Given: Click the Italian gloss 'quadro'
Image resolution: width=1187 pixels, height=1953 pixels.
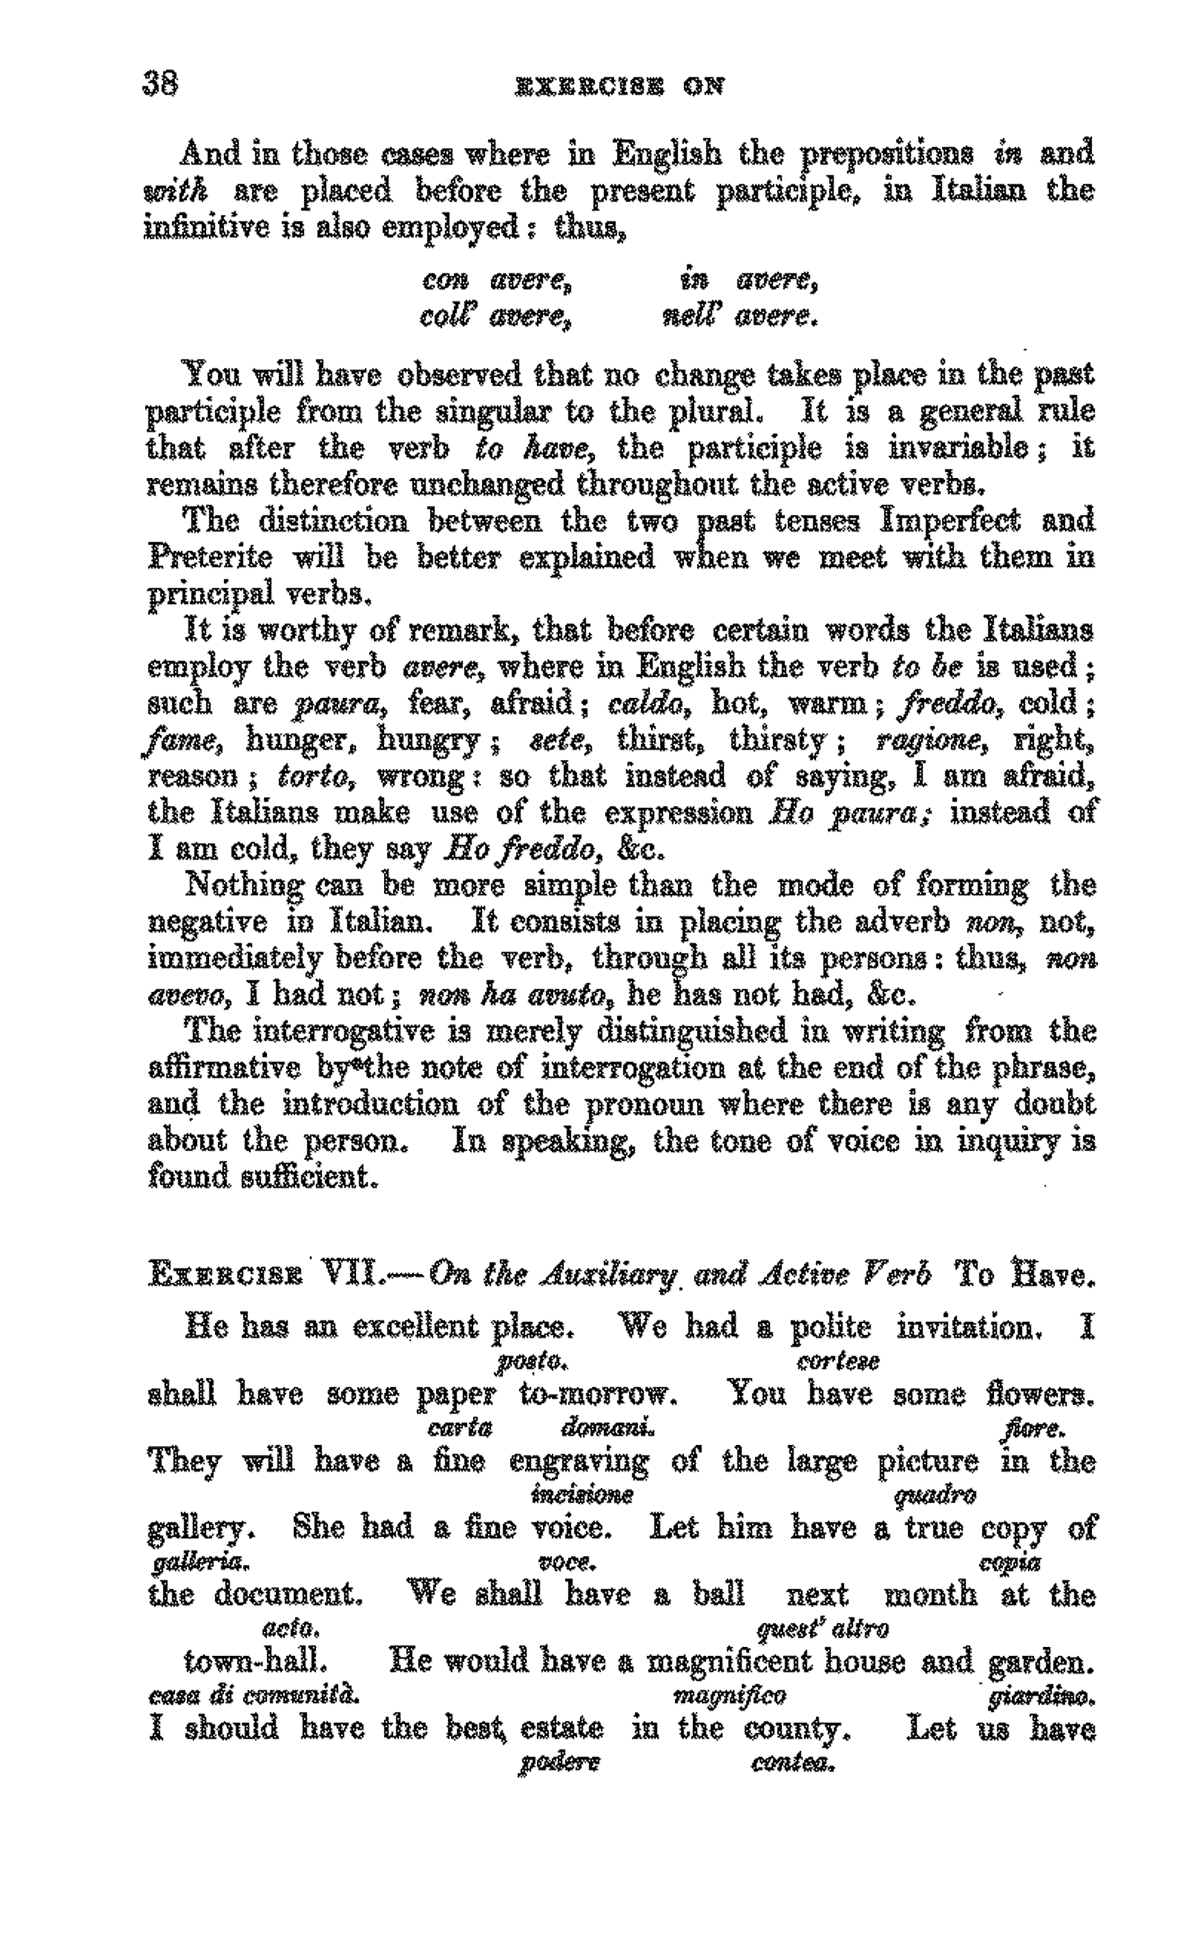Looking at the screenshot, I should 934,1495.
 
